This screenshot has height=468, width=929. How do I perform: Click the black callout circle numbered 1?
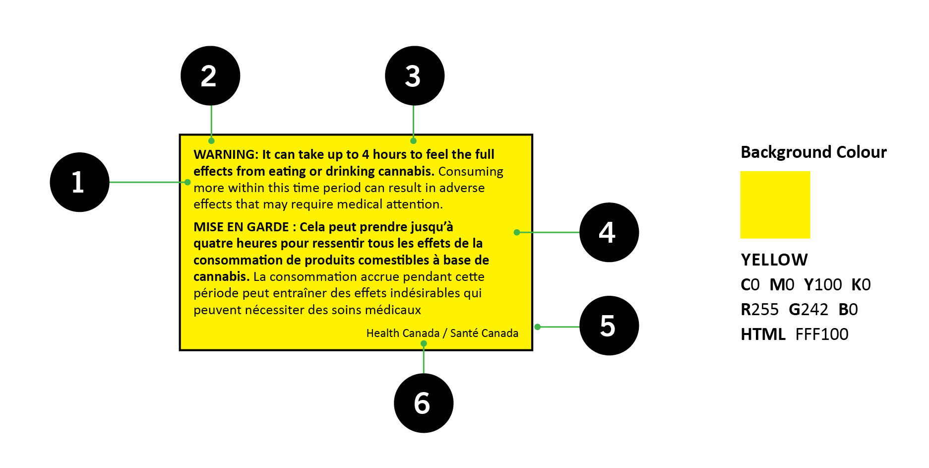pyautogui.click(x=79, y=182)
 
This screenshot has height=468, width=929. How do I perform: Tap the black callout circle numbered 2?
pyautogui.click(x=210, y=76)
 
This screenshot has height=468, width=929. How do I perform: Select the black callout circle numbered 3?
pyautogui.click(x=415, y=76)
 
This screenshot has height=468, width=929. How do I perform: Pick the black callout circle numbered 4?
pyautogui.click(x=609, y=232)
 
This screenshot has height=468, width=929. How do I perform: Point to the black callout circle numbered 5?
pyautogui.click(x=609, y=326)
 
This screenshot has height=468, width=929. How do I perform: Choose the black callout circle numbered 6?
pyautogui.click(x=424, y=403)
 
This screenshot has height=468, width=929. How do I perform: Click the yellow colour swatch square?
pyautogui.click(x=775, y=205)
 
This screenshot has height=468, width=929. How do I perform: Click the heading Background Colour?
pyautogui.click(x=813, y=152)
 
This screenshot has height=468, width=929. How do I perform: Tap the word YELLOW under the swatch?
pyautogui.click(x=774, y=260)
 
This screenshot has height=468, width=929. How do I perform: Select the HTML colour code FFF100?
pyautogui.click(x=822, y=334)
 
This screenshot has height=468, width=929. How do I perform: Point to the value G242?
pyautogui.click(x=808, y=309)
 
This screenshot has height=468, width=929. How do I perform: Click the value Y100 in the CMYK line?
pyautogui.click(x=823, y=284)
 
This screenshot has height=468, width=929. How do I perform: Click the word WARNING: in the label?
pyautogui.click(x=226, y=154)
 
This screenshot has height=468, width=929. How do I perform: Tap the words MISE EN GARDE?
pyautogui.click(x=241, y=227)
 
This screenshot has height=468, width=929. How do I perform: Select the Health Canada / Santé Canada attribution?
pyautogui.click(x=442, y=333)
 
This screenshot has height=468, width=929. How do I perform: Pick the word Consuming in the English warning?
pyautogui.click(x=471, y=172)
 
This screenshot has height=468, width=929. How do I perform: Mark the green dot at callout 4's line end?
pyautogui.click(x=517, y=232)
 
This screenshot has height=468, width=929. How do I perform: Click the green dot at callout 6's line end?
pyautogui.click(x=424, y=343)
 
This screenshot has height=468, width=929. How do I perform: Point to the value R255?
pyautogui.click(x=760, y=309)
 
